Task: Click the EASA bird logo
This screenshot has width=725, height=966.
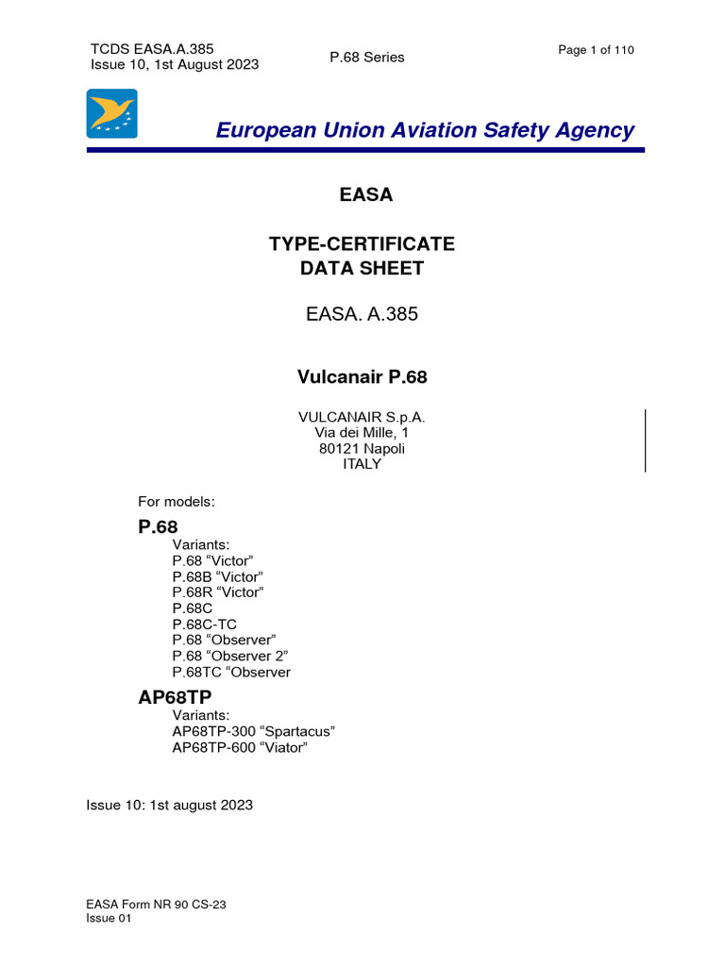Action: click(x=112, y=114)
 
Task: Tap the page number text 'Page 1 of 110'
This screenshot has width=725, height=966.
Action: click(x=596, y=50)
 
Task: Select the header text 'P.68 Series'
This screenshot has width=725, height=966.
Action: click(x=366, y=58)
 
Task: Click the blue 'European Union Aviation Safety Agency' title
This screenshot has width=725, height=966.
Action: click(x=425, y=131)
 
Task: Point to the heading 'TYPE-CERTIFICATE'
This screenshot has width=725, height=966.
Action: click(x=362, y=244)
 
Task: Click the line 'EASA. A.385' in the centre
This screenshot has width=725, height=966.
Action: click(x=362, y=315)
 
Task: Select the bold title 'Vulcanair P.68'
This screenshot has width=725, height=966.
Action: click(x=362, y=377)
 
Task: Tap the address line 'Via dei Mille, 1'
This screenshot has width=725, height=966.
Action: click(x=362, y=432)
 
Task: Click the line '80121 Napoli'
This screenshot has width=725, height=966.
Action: click(x=362, y=448)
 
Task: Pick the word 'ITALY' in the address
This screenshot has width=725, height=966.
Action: click(x=362, y=464)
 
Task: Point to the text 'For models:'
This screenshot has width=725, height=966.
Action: click(x=177, y=502)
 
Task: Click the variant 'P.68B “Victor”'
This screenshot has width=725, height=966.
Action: click(x=218, y=576)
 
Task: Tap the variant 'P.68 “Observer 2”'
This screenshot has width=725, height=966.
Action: click(x=230, y=657)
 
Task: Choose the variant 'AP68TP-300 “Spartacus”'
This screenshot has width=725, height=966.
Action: click(x=254, y=732)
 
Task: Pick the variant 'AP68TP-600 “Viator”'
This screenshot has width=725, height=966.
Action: click(x=240, y=748)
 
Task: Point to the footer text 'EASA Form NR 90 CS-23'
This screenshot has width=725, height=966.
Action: click(x=157, y=905)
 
